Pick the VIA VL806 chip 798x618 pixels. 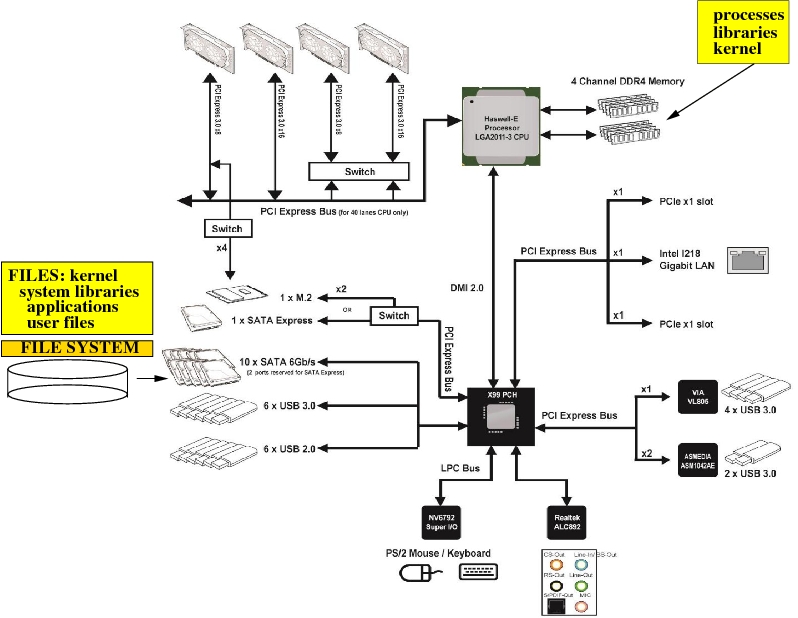(x=696, y=393)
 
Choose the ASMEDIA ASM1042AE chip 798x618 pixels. (x=696, y=456)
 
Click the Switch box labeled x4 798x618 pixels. (x=227, y=228)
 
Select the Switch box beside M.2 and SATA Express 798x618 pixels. (x=393, y=316)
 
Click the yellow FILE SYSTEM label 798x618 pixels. (x=79, y=348)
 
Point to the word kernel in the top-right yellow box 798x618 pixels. (x=743, y=49)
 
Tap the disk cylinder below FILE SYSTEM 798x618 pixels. (x=67, y=380)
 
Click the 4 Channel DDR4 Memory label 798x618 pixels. (x=627, y=81)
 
